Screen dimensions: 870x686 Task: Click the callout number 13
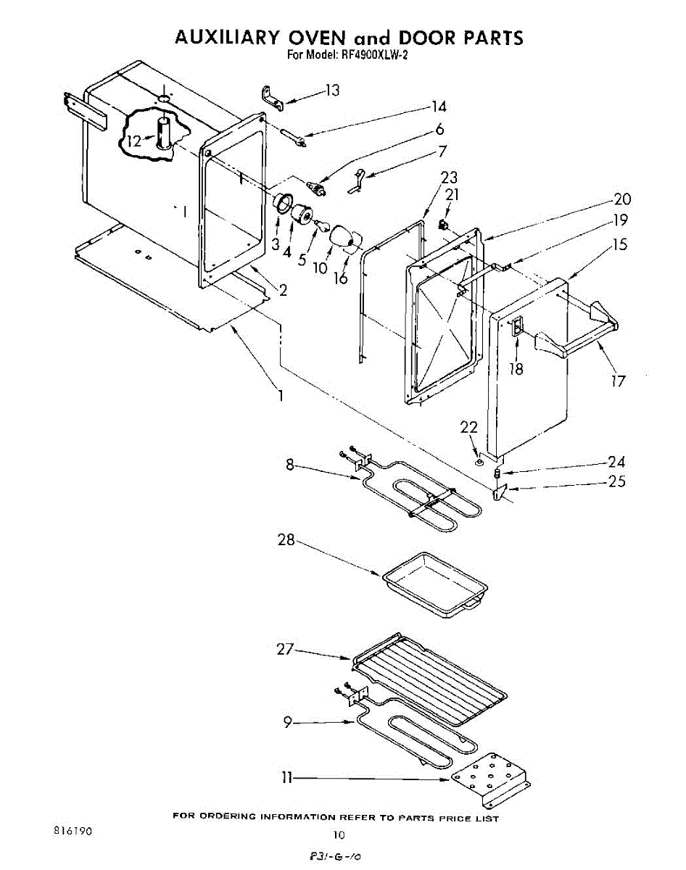tap(332, 91)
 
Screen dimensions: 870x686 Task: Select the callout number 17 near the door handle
tap(618, 379)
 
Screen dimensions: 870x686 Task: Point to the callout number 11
tap(287, 777)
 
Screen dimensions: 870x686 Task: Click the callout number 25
tap(617, 481)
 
